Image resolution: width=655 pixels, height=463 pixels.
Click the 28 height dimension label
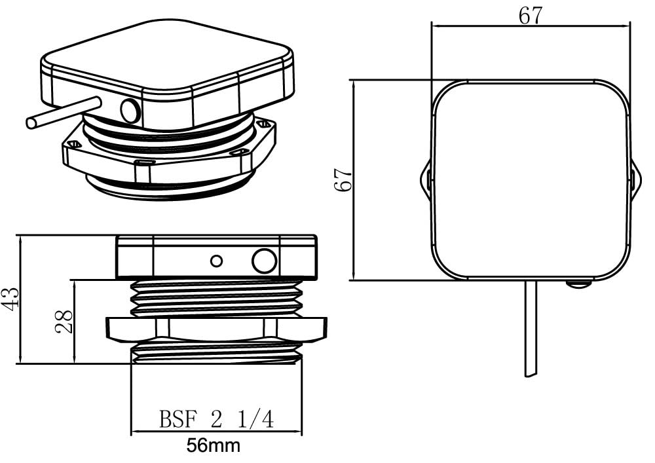click(64, 322)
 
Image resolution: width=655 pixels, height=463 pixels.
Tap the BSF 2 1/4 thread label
click(216, 419)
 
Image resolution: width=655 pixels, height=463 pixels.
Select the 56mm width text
click(214, 445)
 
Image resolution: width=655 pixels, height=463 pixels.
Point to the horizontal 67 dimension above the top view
click(531, 16)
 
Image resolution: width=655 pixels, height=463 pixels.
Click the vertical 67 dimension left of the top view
click(344, 179)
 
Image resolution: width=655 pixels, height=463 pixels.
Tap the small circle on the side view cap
click(216, 261)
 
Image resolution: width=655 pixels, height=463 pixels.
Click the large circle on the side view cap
click(264, 261)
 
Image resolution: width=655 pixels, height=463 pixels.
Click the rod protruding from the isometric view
click(63, 112)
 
